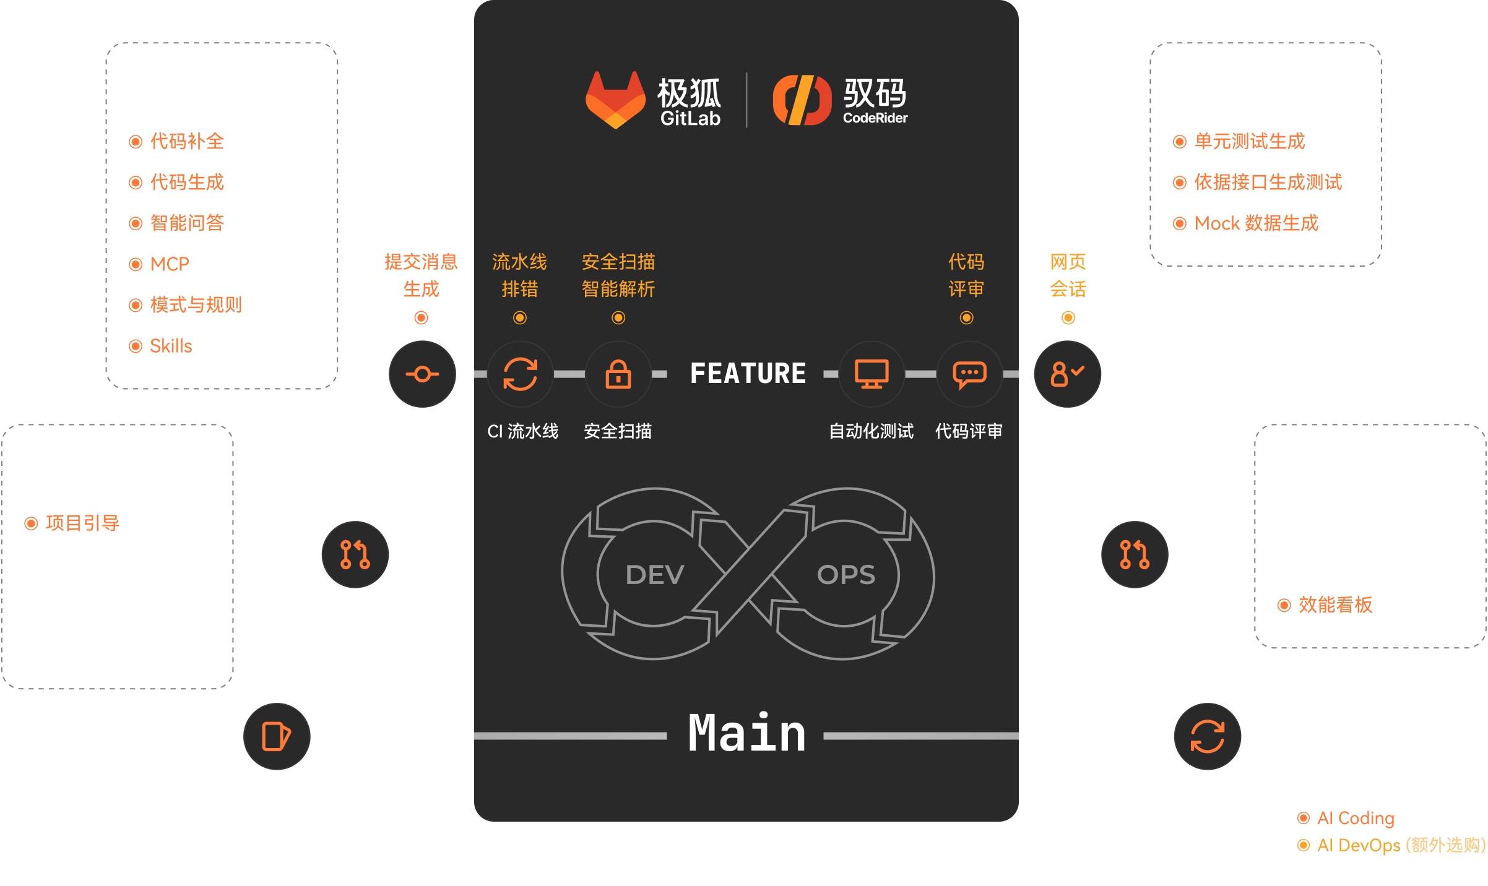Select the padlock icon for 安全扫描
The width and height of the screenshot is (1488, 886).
point(618,374)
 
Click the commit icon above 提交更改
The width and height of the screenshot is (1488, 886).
point(422,374)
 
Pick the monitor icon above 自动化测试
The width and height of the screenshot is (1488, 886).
point(872,374)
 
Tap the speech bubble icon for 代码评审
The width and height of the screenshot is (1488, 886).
point(969,374)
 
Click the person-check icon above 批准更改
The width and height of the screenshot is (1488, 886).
point(1067,374)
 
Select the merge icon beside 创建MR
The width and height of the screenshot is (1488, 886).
point(355,554)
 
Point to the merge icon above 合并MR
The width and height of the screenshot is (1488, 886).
point(1135,554)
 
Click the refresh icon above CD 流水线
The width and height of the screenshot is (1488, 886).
point(1207,736)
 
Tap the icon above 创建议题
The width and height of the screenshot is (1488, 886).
point(276,736)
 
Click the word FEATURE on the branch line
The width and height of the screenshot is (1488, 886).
point(748,374)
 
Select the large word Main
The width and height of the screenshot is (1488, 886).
point(747,734)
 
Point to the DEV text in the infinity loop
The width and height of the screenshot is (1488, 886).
point(655,575)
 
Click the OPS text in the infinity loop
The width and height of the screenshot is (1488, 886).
point(846,575)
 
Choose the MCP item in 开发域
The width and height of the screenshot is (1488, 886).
point(170,264)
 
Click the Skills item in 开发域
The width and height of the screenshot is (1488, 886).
point(171,346)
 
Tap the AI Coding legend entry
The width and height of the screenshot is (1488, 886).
point(1355,818)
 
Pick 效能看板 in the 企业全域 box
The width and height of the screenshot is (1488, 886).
point(1335,604)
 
